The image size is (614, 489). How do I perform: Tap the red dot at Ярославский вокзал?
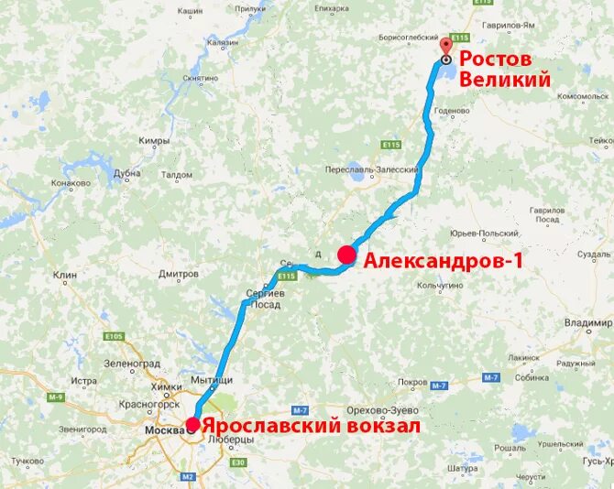pyautogui.click(x=192, y=425)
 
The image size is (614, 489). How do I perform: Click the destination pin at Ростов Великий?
pyautogui.click(x=445, y=49)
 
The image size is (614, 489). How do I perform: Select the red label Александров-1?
pyautogui.click(x=444, y=261)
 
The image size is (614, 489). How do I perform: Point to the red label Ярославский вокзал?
pyautogui.click(x=311, y=426)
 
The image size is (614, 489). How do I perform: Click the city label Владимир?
pyautogui.click(x=587, y=323)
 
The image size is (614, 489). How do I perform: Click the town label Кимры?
pyautogui.click(x=154, y=141)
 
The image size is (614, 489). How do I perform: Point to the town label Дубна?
pyautogui.click(x=127, y=172)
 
